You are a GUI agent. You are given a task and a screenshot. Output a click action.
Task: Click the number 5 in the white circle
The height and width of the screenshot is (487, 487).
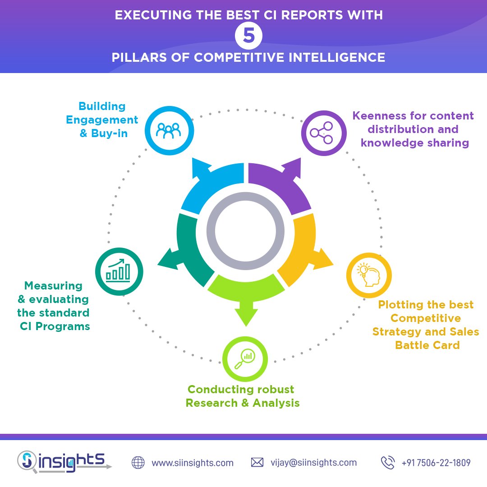248,36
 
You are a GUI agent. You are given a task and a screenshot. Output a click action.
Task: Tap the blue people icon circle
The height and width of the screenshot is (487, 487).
169,130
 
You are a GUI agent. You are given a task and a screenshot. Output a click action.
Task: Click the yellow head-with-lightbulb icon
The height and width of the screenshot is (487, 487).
369,275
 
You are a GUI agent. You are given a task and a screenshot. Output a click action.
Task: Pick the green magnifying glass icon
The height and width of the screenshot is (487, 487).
245,359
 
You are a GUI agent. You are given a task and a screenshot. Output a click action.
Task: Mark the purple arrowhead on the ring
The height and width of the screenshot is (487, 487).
291,167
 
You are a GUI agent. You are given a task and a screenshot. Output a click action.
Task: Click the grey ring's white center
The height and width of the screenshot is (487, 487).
245,231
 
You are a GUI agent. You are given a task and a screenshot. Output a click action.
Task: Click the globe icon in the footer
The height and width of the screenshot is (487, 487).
138,463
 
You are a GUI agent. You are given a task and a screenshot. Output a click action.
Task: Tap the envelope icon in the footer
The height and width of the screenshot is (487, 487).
257,463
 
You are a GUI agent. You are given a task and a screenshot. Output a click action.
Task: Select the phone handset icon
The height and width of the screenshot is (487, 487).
387,463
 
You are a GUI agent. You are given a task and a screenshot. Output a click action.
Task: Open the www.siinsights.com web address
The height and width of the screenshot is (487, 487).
193,463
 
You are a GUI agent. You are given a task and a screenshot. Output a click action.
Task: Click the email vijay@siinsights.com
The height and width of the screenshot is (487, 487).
313,463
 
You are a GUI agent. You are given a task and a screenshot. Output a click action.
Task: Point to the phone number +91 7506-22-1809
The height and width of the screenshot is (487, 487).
436,463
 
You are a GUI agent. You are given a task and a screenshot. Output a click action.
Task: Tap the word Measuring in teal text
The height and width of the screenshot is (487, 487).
53,286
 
